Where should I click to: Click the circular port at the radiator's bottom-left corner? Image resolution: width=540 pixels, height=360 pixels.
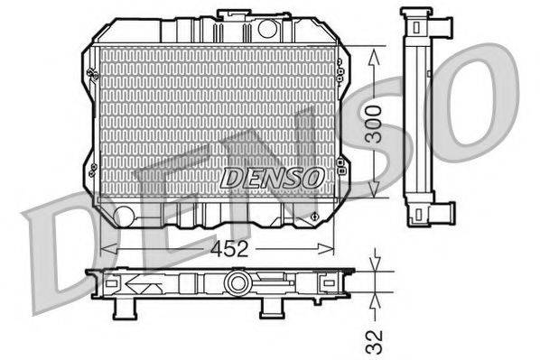(x=124, y=215)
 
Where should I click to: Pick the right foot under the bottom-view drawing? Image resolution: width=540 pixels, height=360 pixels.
(x=268, y=309)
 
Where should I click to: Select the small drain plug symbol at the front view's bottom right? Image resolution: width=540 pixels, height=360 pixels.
(x=313, y=216)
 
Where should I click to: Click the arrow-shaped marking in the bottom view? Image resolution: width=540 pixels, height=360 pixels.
(x=140, y=286)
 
